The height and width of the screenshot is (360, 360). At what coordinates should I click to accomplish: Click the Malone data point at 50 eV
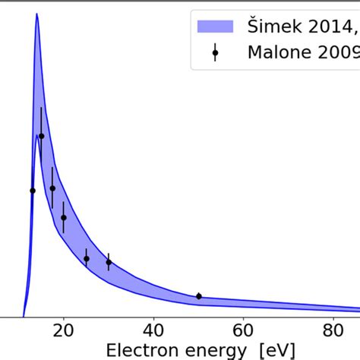(x=199, y=296)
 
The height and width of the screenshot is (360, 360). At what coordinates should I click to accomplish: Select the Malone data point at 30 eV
(x=109, y=262)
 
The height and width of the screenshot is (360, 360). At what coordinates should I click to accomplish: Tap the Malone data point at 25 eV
(x=87, y=258)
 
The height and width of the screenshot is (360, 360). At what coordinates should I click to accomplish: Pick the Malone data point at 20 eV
(x=64, y=218)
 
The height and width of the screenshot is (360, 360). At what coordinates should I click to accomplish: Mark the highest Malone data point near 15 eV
(x=42, y=136)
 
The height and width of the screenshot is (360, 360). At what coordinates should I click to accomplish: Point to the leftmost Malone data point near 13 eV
(x=33, y=191)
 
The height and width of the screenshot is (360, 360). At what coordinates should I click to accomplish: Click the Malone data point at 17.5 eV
(x=52, y=188)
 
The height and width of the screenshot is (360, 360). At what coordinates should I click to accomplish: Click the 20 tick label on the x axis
(x=64, y=331)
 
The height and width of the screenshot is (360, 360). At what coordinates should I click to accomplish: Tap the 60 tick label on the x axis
(x=243, y=331)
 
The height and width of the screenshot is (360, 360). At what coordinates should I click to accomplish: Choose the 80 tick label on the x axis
(x=333, y=331)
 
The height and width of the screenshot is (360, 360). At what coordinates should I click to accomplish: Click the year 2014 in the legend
(x=331, y=26)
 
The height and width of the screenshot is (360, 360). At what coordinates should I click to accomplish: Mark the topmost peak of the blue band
(x=36, y=14)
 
